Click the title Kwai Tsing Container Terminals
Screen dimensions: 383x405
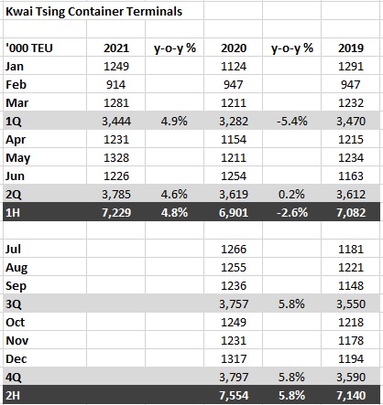click(x=93, y=12)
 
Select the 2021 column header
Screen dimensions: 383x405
click(x=116, y=48)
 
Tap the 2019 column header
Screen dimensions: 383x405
click(x=351, y=48)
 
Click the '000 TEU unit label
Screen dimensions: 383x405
click(x=29, y=48)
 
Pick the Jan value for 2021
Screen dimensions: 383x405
click(x=116, y=67)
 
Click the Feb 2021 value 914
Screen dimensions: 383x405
click(x=116, y=85)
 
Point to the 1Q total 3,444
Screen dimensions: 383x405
click(x=116, y=122)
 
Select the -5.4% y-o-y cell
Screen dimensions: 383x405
click(x=292, y=122)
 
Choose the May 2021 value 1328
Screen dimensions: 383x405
click(x=116, y=158)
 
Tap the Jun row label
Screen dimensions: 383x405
click(x=15, y=176)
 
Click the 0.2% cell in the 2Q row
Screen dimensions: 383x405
click(x=291, y=195)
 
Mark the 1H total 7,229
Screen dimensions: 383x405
click(x=116, y=213)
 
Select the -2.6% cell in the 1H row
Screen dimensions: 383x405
click(x=292, y=213)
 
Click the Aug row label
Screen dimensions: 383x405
click(x=16, y=268)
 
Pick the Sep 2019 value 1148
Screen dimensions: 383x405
click(x=351, y=286)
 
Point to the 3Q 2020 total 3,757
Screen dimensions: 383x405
click(x=234, y=304)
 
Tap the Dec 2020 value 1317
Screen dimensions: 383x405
click(x=234, y=359)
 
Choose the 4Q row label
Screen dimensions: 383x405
click(x=14, y=378)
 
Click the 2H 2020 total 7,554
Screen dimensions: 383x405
click(x=234, y=396)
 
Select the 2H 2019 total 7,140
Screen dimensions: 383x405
click(x=351, y=396)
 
